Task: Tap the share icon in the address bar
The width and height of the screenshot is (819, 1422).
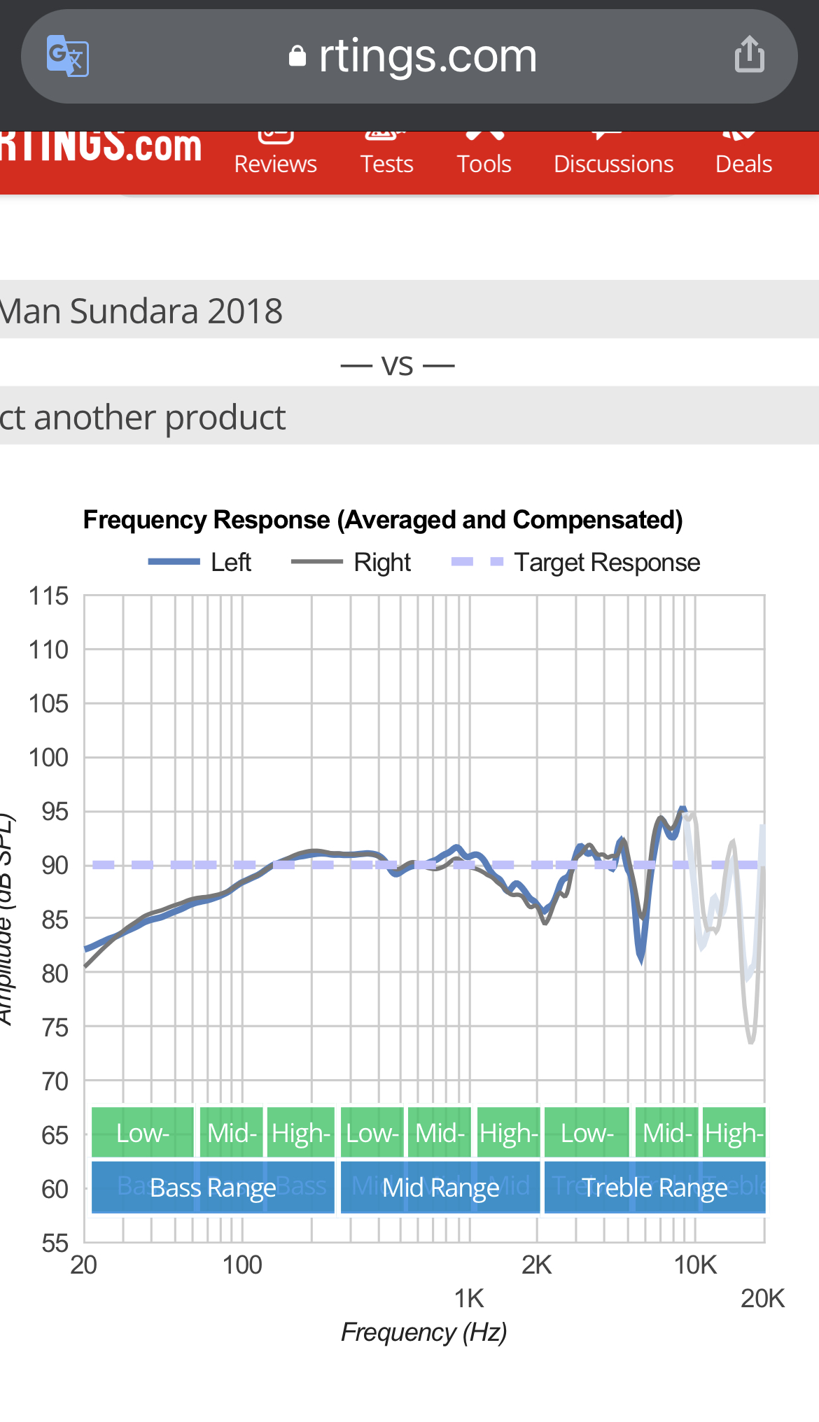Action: tap(749, 55)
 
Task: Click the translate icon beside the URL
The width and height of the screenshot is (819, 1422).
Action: tap(67, 55)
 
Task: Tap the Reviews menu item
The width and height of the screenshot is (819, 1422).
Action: tap(275, 163)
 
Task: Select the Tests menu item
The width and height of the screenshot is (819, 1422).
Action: tap(386, 163)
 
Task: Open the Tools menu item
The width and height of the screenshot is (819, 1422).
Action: tap(484, 163)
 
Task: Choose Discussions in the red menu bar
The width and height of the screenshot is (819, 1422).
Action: tap(613, 163)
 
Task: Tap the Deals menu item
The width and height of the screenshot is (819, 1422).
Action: tap(743, 163)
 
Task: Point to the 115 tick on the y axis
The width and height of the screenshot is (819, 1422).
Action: tap(48, 596)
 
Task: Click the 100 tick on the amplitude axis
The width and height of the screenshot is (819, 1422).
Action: tap(48, 757)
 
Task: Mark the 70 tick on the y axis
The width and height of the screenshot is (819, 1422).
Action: tap(54, 1081)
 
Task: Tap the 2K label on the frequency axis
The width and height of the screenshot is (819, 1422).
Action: tap(537, 1265)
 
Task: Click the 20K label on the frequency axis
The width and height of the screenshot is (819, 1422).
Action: tap(762, 1299)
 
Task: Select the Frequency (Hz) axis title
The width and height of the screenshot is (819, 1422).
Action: tap(423, 1332)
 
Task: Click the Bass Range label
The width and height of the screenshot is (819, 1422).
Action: tap(213, 1188)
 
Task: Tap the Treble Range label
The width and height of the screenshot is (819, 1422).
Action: tap(654, 1188)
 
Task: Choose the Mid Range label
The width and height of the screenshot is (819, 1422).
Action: tap(440, 1188)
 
